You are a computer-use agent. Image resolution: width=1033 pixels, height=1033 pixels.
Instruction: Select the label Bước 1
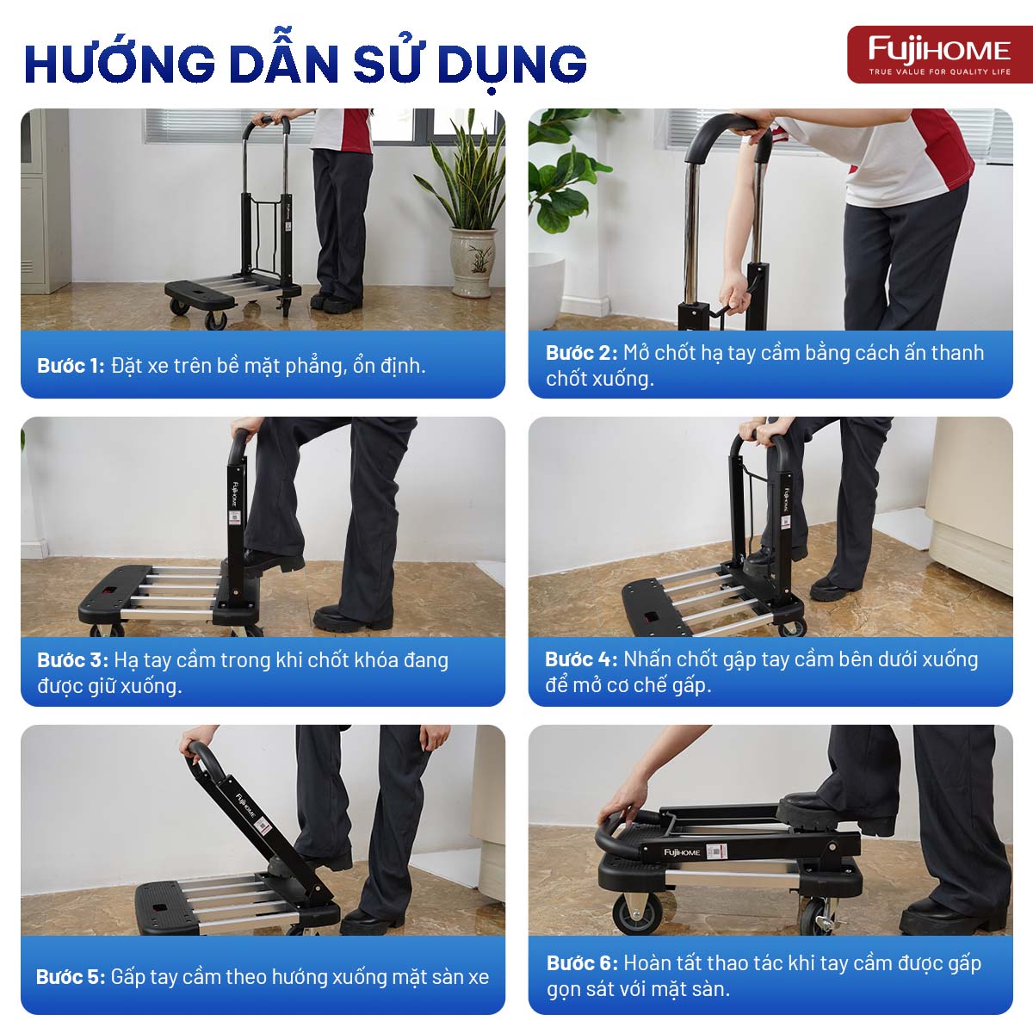coord(70,366)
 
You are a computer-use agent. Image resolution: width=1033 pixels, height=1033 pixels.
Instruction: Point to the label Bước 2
coord(581,353)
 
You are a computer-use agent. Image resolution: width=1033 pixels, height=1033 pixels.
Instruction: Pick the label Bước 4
coord(580,659)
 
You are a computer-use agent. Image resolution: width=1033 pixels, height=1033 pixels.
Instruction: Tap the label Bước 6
coord(582,963)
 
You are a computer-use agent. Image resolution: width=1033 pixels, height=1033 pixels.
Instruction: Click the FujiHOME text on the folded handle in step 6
coord(682,851)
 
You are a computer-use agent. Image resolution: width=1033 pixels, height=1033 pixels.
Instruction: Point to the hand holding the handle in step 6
coord(622,805)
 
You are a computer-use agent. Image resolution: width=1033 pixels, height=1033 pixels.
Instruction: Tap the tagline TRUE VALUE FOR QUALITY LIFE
coord(939,72)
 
